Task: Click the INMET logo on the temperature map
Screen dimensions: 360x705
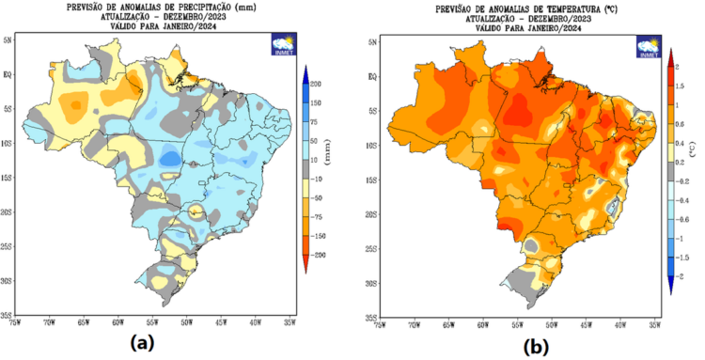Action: (x=649, y=46)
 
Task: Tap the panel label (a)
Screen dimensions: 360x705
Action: (x=143, y=342)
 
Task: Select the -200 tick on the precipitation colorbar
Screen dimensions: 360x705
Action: (x=321, y=255)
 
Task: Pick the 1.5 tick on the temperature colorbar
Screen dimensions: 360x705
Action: (x=681, y=86)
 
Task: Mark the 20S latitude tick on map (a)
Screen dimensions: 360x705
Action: (x=8, y=213)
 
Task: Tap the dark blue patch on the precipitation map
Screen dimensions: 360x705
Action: (x=169, y=158)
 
